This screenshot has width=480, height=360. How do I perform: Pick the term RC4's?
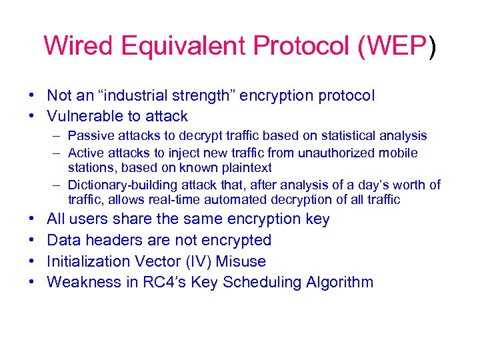[161, 283]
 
